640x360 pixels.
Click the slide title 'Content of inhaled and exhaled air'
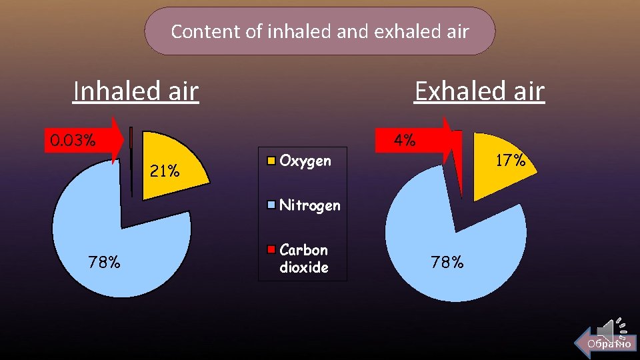pos(320,31)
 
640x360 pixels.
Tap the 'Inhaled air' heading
pos(136,91)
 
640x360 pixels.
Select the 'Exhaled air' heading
pos(479,91)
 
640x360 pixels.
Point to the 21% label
pos(165,171)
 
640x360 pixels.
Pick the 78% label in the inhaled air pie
pos(105,262)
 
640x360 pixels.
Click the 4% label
pos(405,141)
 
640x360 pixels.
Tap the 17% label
pos(511,161)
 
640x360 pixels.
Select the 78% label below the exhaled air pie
pos(447,262)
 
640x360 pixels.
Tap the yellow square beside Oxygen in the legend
pos(271,161)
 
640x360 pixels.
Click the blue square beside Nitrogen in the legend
pos(271,205)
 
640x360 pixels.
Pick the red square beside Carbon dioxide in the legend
pos(271,250)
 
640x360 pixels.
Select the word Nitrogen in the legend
pos(309,205)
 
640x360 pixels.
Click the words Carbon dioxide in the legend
pos(304,259)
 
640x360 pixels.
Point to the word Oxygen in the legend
pos(305,161)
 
